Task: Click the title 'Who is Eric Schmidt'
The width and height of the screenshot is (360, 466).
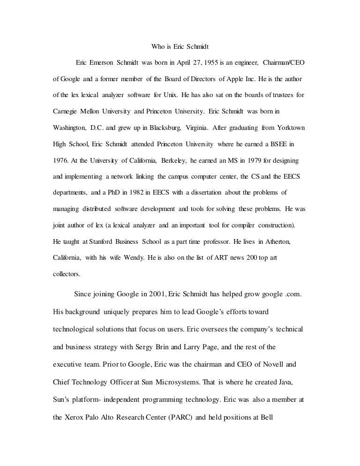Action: [x=180, y=46]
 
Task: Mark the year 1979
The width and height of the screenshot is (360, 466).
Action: [x=250, y=160]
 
